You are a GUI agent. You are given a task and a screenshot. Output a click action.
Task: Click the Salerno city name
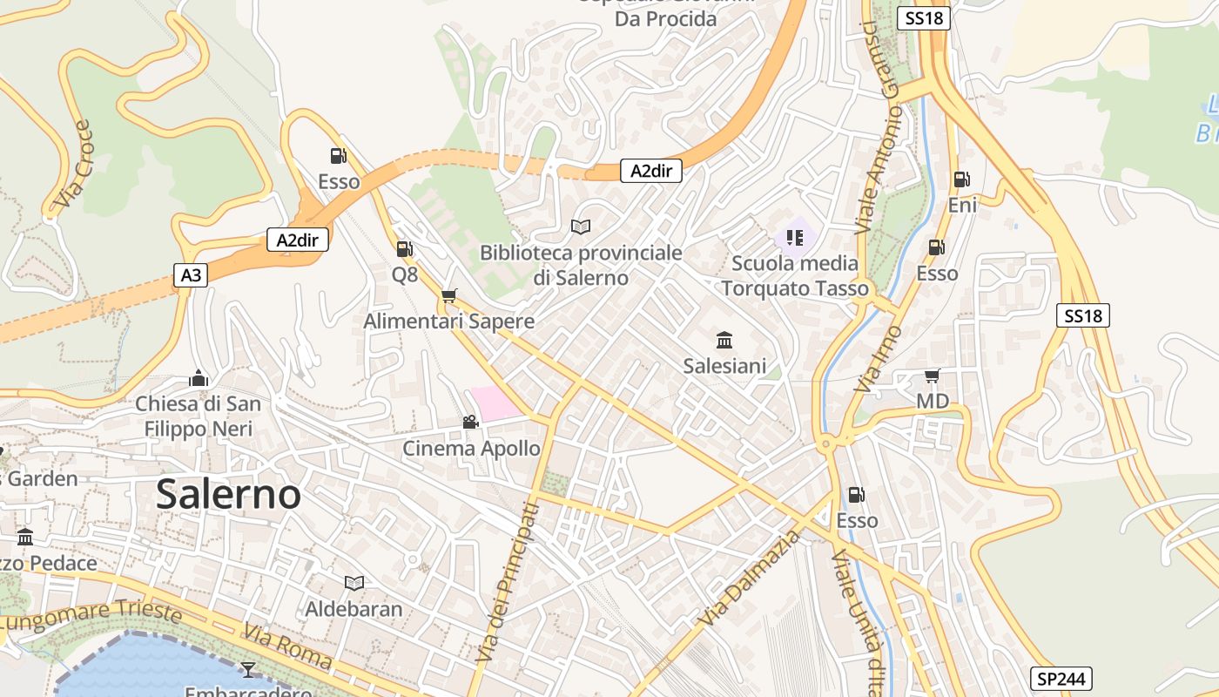(x=229, y=495)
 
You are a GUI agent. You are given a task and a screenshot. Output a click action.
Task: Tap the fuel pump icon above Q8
(x=404, y=249)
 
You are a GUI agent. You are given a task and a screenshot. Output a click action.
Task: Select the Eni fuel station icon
(x=962, y=179)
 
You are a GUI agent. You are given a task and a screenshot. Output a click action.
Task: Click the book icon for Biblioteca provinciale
(x=581, y=227)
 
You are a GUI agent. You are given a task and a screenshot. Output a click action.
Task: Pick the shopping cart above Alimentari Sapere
(x=448, y=296)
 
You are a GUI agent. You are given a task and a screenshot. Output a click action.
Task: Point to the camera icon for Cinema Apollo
(x=470, y=423)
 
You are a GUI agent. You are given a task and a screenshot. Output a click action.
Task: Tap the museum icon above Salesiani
(x=724, y=340)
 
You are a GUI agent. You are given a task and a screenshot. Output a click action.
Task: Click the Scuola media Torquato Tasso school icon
(x=794, y=237)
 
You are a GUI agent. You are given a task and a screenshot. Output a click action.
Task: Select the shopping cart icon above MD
(x=932, y=376)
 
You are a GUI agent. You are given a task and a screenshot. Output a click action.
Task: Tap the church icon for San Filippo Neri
(x=199, y=378)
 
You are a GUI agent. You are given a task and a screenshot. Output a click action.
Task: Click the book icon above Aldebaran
(x=354, y=583)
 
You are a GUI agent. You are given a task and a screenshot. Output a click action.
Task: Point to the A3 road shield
(x=191, y=276)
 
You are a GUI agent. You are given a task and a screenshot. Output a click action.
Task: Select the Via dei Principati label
(x=505, y=584)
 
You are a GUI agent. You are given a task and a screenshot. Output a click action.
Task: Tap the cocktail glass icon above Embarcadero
(x=248, y=669)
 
